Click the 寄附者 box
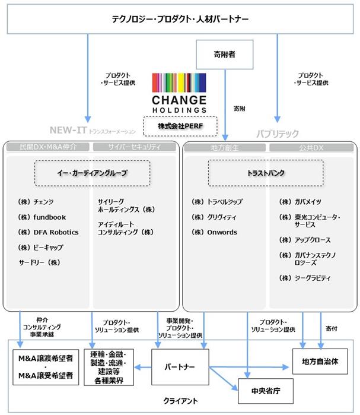[x=224, y=55]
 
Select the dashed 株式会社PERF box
[x=180, y=126]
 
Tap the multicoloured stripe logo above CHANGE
[x=179, y=83]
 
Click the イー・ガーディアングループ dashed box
[x=93, y=173]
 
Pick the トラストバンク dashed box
[x=266, y=173]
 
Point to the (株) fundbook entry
[x=42, y=217]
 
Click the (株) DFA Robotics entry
[x=48, y=232]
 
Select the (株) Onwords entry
[x=214, y=232]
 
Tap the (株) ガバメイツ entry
[x=300, y=202]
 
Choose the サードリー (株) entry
[x=40, y=262]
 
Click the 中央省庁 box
[x=266, y=391]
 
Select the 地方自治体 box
[x=320, y=362]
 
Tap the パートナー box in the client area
[x=180, y=367]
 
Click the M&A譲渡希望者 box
[x=46, y=367]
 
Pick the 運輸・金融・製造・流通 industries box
[x=109, y=367]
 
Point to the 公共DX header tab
[x=311, y=148]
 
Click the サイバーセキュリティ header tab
[x=134, y=147]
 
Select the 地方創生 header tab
[x=225, y=148]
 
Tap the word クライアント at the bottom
[x=180, y=401]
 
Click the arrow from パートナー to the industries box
[x=143, y=367]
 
